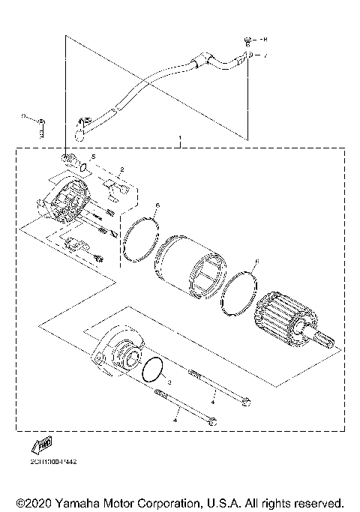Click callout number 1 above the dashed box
pyautogui.click(x=180, y=139)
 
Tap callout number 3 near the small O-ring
pyautogui.click(x=170, y=382)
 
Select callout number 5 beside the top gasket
pyautogui.click(x=93, y=157)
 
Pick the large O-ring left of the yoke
pyautogui.click(x=140, y=238)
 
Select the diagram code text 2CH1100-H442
pyautogui.click(x=50, y=462)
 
